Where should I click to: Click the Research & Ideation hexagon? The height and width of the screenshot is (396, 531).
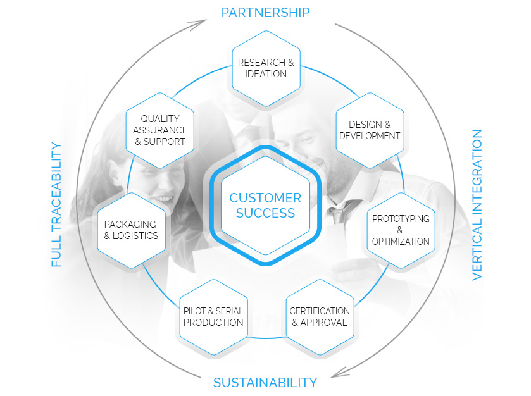[x=266, y=68]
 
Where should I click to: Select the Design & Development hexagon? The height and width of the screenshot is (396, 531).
[x=370, y=130]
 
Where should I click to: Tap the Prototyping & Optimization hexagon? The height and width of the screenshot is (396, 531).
[x=401, y=230]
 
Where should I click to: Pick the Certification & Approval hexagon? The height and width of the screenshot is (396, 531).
[x=320, y=316]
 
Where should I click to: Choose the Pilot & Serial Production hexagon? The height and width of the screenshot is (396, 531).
[x=213, y=316]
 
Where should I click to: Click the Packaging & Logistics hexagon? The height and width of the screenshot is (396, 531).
[x=131, y=230]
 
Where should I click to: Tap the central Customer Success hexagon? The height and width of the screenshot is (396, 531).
[x=266, y=205]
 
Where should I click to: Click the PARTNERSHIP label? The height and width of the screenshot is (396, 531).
[x=265, y=12]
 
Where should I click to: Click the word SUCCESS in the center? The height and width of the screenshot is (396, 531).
[x=266, y=213]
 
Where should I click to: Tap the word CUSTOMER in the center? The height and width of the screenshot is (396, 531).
[x=266, y=198]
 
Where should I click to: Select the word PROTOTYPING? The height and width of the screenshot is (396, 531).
[x=401, y=218]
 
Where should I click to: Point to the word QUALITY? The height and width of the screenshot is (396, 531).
[x=160, y=118]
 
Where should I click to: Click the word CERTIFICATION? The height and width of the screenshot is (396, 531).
[x=320, y=311]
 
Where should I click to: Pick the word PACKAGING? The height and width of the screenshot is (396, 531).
[x=130, y=224]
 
